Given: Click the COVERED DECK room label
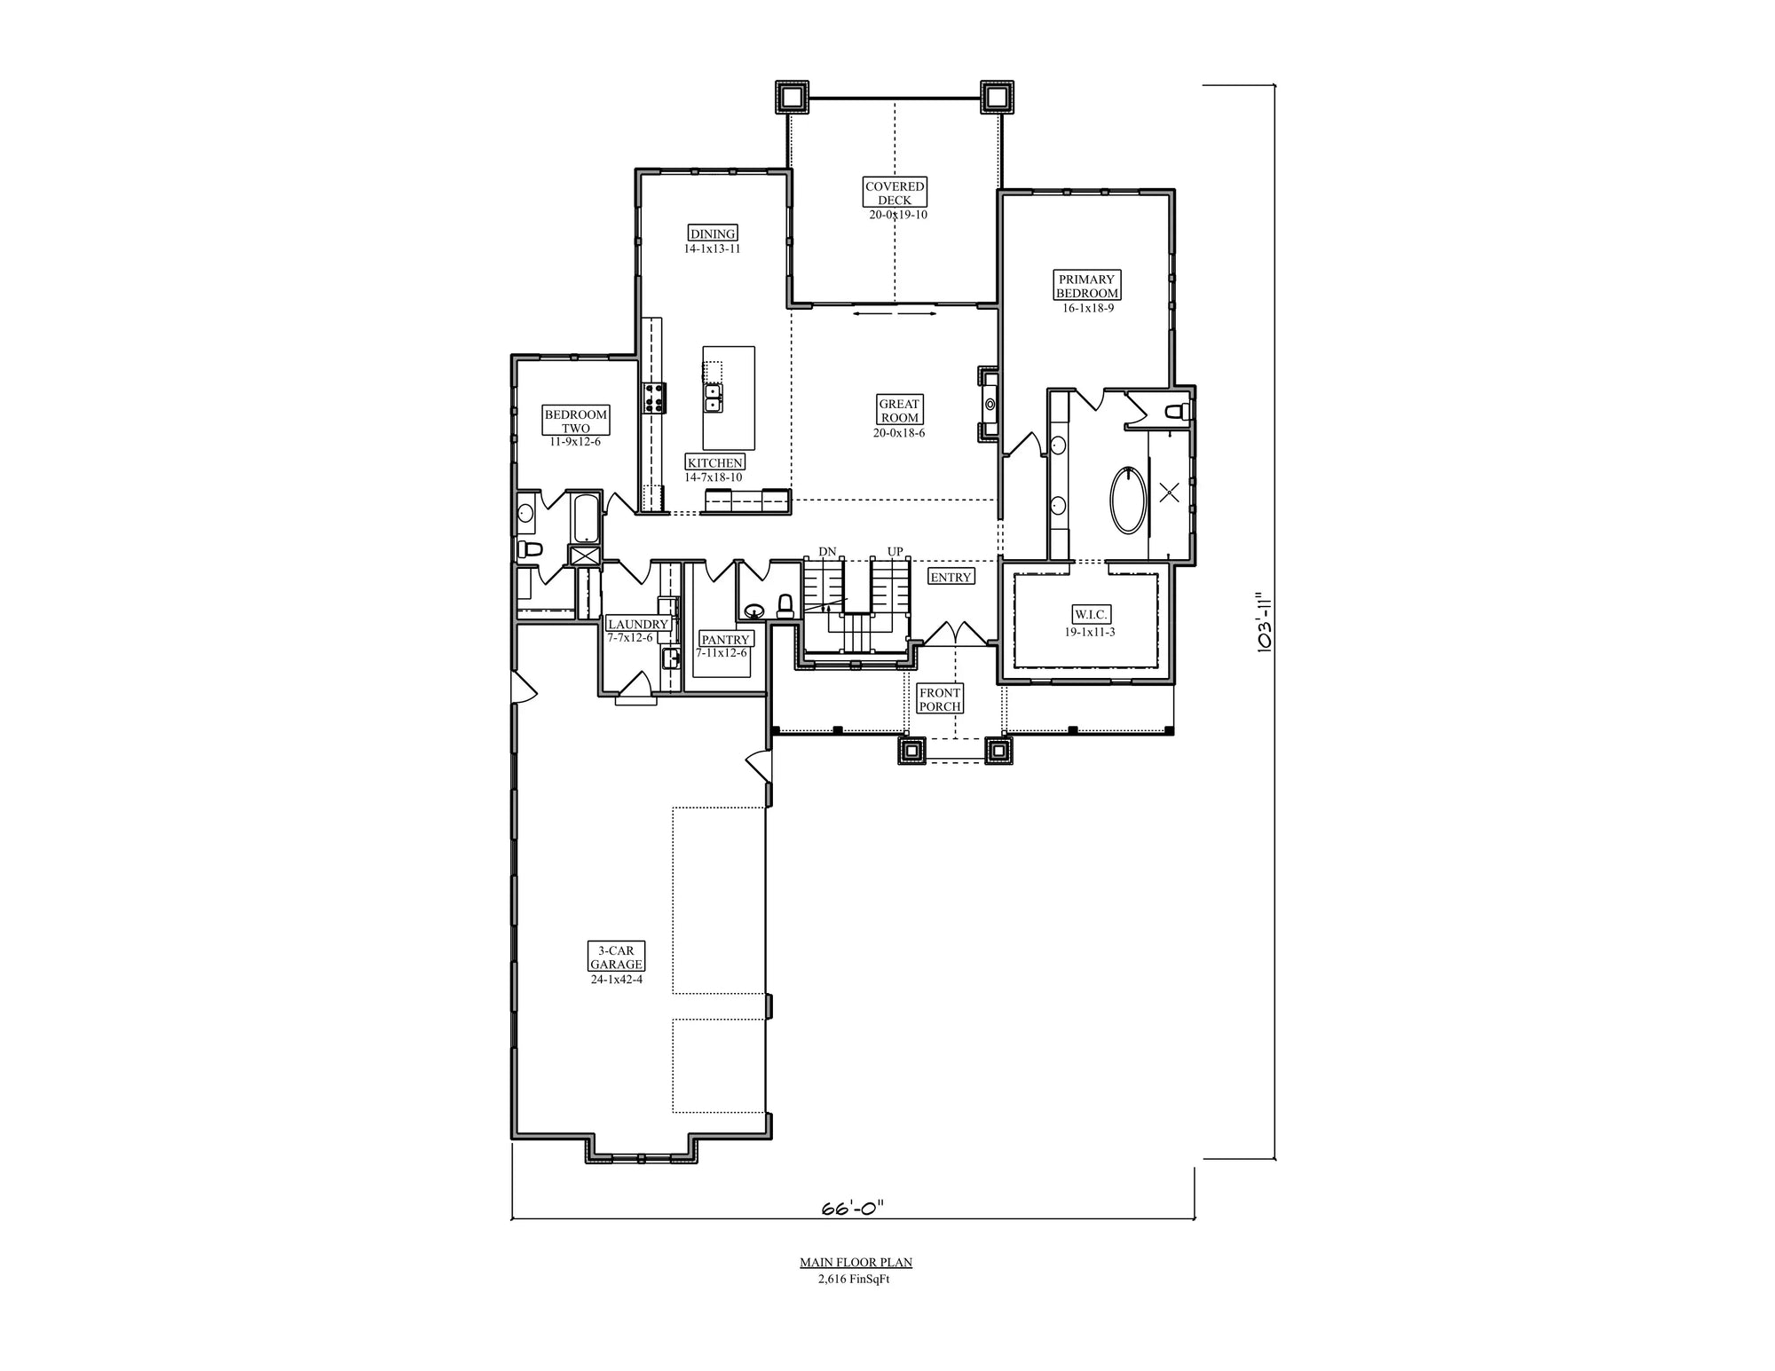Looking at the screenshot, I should coord(895,193).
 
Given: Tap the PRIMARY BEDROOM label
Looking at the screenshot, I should coord(1086,286).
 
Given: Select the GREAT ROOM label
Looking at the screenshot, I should coord(899,410).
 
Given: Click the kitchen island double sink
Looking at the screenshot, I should coord(713,398).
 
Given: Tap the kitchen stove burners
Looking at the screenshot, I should coord(655,398).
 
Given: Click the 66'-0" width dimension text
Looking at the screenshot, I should coord(852,1208).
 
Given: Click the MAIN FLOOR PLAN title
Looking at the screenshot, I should coord(856,1262).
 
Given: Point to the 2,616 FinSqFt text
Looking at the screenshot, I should coord(854,1279).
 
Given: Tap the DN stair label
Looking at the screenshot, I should coord(827,552).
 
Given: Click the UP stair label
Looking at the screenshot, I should coord(895,552).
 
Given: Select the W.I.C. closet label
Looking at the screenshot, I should coord(1090,614).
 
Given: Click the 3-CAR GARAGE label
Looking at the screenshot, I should coord(616,957).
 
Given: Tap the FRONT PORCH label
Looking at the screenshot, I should coord(940,699).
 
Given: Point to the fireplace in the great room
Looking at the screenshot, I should coord(989,404).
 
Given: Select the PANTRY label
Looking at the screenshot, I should coord(725,639).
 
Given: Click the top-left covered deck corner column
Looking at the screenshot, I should coord(792,97).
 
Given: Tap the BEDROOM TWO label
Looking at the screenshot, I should coord(576,421).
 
